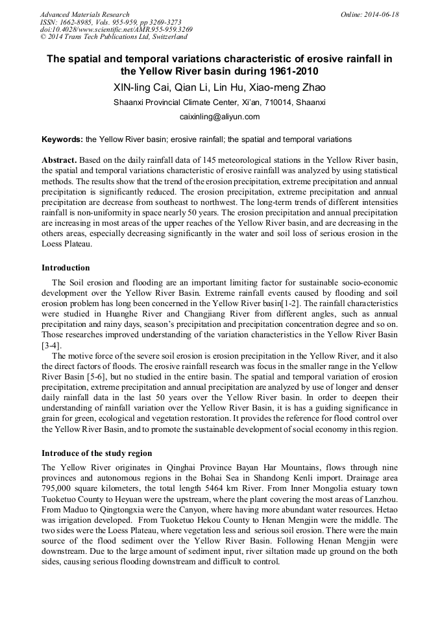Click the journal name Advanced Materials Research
coord(84,14)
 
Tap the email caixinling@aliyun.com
coord(219,117)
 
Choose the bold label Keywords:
coord(62,139)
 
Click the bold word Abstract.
coord(59,160)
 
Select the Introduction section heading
coord(66,268)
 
